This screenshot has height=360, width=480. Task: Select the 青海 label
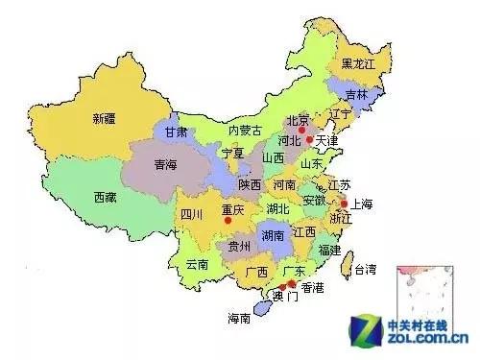click(166, 165)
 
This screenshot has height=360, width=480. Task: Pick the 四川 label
click(191, 215)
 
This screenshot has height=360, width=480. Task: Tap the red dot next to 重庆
click(228, 221)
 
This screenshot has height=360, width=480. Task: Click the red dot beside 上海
click(344, 204)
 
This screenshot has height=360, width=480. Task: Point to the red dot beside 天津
click(309, 141)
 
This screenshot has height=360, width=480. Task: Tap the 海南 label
click(239, 318)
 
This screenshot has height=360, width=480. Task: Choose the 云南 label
click(197, 263)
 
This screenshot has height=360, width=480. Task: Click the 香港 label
click(313, 287)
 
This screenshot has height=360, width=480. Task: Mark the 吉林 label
click(357, 94)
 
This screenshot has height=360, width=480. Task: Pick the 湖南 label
click(272, 234)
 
